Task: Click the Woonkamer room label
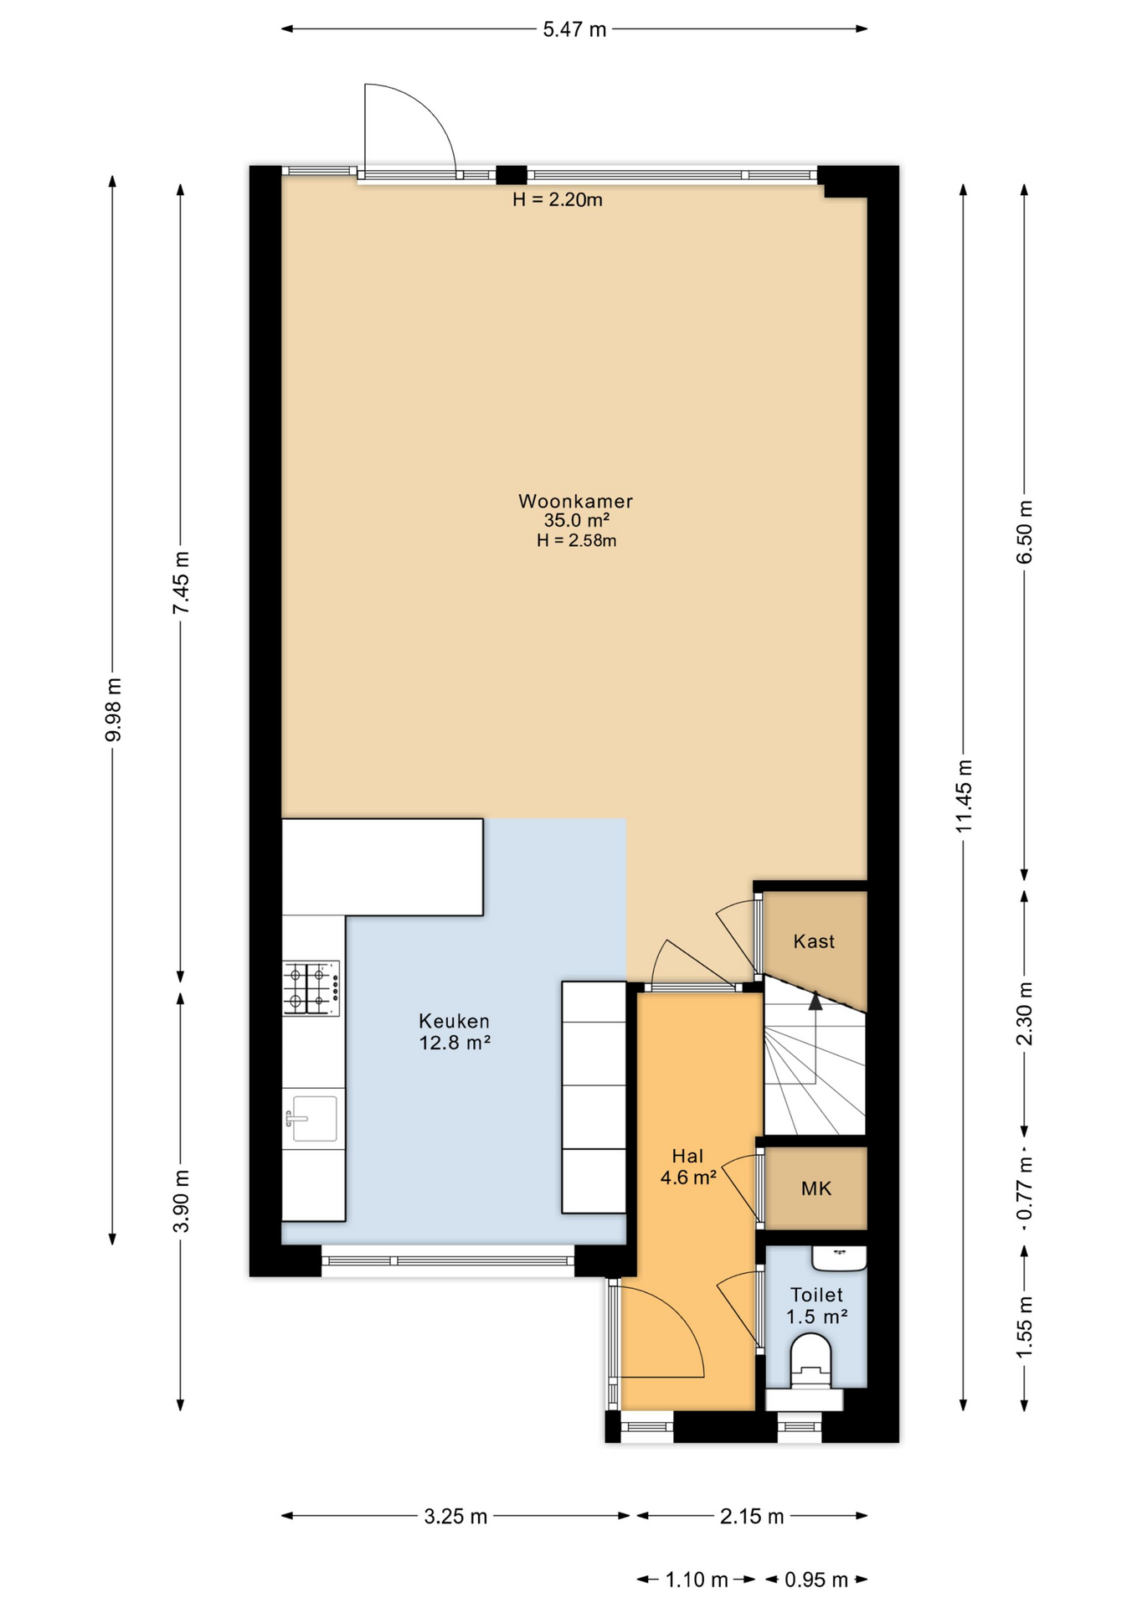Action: coord(575,501)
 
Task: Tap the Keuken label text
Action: coord(454,1021)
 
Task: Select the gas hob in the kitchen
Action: coord(311,988)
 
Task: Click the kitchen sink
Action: coord(311,1119)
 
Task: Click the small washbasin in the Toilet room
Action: coord(839,1258)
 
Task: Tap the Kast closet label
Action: coord(814,941)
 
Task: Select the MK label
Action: coord(816,1188)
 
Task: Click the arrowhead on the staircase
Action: coord(815,1000)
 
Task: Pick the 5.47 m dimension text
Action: coord(574,30)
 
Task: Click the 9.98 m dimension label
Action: coord(114,710)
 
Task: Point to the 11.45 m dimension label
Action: coord(964,796)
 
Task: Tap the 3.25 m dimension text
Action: coord(455,1517)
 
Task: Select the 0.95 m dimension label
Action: coord(816,1580)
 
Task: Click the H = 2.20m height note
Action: coord(558,200)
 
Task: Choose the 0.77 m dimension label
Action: coord(1025,1188)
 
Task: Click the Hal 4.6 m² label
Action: coord(687,1167)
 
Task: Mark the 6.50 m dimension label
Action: coord(1025,532)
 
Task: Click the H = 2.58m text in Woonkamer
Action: coord(576,541)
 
